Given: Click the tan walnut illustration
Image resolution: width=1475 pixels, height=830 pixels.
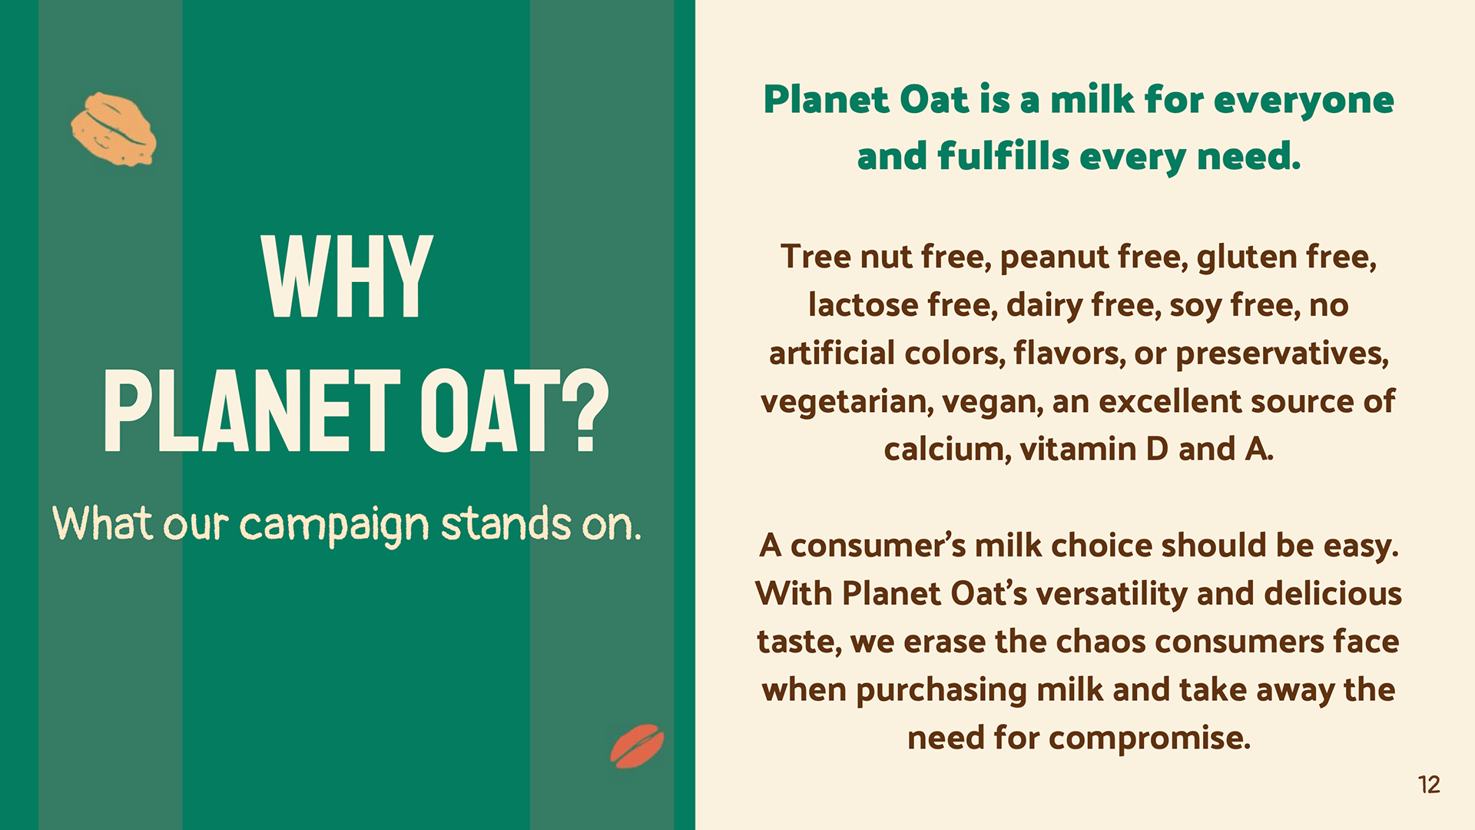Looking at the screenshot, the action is pos(114,129).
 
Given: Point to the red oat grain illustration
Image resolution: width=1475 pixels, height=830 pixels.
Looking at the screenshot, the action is pos(637,745).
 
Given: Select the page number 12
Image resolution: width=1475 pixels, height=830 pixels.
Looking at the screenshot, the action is pos(1429,785).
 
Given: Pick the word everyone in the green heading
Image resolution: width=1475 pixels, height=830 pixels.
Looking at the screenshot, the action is pos(1304,101).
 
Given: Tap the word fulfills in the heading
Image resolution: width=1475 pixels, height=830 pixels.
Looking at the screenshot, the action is pos(1003,156).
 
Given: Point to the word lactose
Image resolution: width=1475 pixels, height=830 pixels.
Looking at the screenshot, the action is pos(863,305).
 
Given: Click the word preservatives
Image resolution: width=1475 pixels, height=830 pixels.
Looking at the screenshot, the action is pos(1282,354).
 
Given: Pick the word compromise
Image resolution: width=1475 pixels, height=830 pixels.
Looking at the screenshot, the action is pos(1149,739).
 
